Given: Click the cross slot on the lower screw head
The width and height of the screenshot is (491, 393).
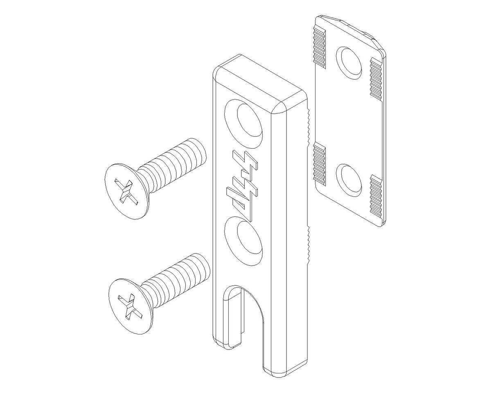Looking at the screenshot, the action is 130,307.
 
